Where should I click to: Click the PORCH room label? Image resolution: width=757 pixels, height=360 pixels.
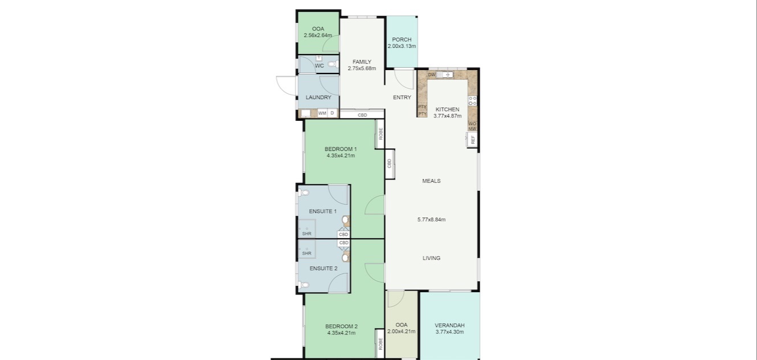tap(402, 40)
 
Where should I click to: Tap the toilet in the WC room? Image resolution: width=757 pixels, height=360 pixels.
tap(332, 64)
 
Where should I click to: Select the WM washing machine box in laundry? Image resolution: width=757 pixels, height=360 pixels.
tap(322, 113)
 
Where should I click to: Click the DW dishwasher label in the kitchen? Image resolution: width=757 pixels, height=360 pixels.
tap(431, 75)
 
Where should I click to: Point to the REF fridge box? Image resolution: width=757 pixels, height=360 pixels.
tap(472, 140)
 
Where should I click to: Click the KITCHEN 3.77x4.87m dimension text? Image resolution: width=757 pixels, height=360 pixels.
tap(447, 116)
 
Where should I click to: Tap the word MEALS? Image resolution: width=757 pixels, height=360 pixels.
tap(431, 181)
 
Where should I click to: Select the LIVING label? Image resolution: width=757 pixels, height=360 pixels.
tap(431, 258)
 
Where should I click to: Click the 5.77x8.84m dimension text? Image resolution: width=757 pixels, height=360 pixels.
tap(431, 219)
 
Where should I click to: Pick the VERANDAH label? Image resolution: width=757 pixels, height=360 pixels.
tap(449, 325)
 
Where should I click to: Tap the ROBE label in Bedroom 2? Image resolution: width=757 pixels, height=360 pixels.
tap(380, 344)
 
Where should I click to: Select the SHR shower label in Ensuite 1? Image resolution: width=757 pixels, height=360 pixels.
tap(306, 234)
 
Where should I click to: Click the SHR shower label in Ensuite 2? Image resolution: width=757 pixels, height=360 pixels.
tap(306, 253)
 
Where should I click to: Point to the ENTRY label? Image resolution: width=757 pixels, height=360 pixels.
tap(402, 97)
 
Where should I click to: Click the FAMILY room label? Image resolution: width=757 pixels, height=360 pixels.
tap(362, 62)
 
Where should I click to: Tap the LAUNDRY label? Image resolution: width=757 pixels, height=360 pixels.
tap(318, 97)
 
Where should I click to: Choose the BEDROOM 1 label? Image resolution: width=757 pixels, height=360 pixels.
tap(341, 149)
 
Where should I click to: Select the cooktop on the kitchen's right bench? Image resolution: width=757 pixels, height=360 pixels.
tap(472, 101)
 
